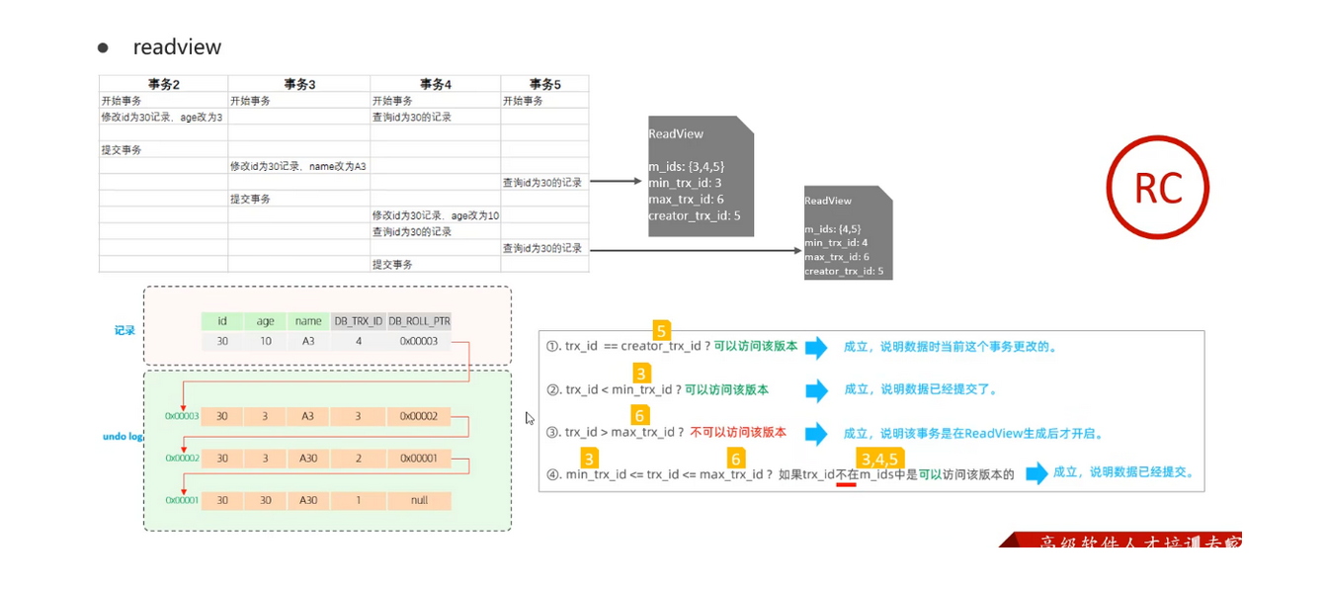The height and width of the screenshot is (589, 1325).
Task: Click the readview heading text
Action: coord(177,47)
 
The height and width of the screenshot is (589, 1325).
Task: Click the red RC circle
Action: coord(1157,187)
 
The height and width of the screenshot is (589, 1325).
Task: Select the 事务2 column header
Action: coord(163,84)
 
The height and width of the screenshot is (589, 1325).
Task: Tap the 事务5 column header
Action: coord(544,84)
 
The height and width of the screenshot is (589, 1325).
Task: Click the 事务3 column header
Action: coord(298,84)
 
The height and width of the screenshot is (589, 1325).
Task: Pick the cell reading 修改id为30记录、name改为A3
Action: coord(298,166)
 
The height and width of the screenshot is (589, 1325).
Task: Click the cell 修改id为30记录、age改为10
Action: coord(436,215)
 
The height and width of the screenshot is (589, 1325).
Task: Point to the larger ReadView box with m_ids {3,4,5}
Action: coord(701,176)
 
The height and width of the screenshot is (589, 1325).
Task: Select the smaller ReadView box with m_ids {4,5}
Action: coord(848,233)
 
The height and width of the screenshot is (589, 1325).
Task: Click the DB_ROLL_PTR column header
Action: coord(419,321)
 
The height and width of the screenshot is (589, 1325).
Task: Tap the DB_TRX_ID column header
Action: coord(357,321)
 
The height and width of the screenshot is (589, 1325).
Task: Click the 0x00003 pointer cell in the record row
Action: coord(419,341)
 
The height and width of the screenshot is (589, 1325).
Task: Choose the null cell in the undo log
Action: coord(419,501)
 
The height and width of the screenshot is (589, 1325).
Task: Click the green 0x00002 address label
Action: coord(182,459)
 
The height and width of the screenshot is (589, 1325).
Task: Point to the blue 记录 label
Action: coord(124,331)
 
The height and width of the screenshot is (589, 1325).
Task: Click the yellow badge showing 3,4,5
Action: coord(879,459)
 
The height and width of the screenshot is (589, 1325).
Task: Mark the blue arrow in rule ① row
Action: coord(816,347)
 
